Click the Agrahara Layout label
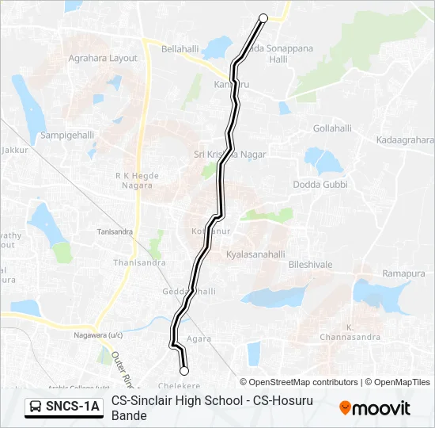103,59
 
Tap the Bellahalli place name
180,49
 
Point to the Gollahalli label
332,128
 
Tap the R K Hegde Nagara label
138,181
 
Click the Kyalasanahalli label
255,254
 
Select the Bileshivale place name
311,263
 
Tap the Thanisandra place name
139,262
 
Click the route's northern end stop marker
263,17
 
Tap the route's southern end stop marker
184,370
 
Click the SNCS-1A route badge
63,407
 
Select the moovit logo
375,408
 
